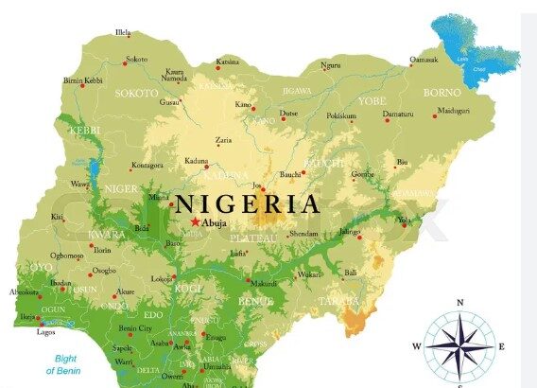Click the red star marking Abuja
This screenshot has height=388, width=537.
tap(196, 221)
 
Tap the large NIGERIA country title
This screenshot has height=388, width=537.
tap(247, 203)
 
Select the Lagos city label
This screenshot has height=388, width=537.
tap(45, 332)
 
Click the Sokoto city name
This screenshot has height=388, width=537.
tap(137, 60)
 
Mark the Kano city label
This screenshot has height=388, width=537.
tap(244, 104)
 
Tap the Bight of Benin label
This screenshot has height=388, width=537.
tap(65, 364)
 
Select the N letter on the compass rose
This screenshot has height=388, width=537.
tap(459, 303)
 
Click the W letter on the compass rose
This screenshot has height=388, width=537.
tap(416, 346)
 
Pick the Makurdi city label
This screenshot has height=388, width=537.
tap(264, 283)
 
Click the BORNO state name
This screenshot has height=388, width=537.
tap(442, 93)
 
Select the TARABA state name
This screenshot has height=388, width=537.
tap(339, 301)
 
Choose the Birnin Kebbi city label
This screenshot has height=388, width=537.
tap(83, 81)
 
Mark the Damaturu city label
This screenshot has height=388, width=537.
tap(397, 115)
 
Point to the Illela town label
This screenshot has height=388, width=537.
tap(123, 33)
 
